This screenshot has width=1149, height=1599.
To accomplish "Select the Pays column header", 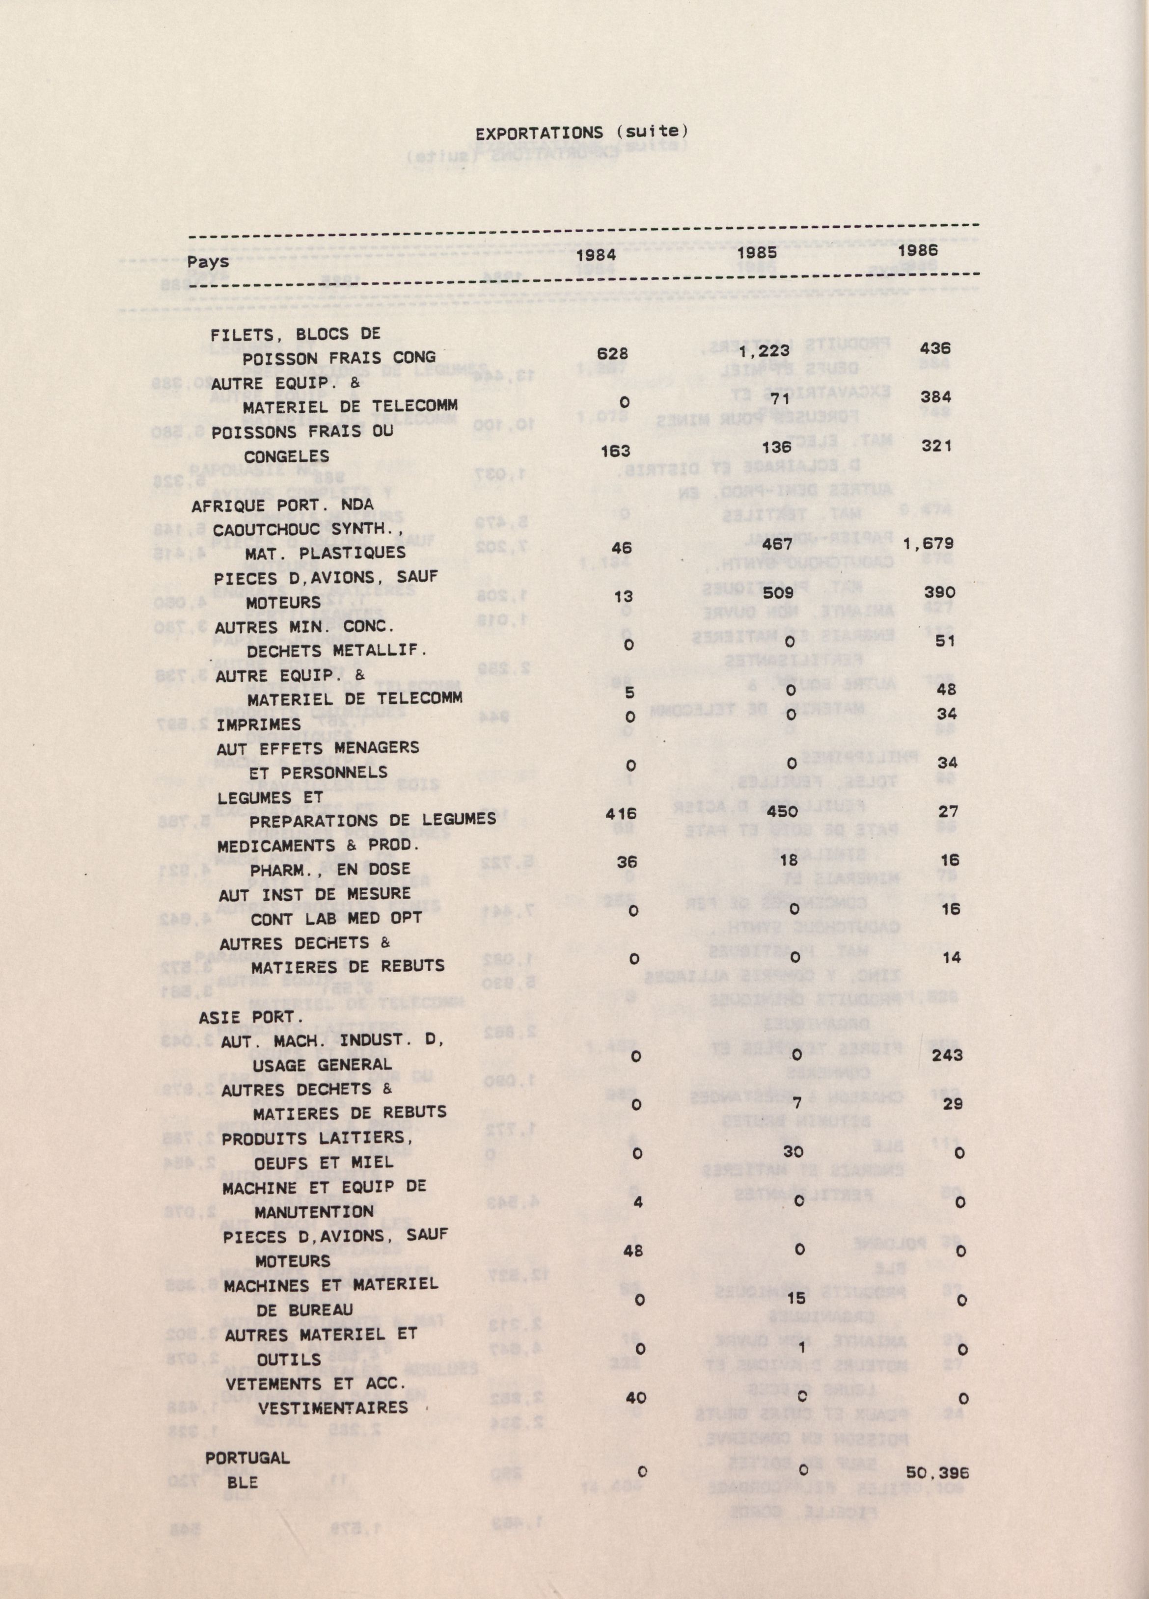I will coord(208,262).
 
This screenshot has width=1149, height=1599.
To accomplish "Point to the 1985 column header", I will coord(758,252).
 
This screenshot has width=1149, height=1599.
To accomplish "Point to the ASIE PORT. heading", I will coord(250,1018).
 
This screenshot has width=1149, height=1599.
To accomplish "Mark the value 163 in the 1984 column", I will coord(616,451).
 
